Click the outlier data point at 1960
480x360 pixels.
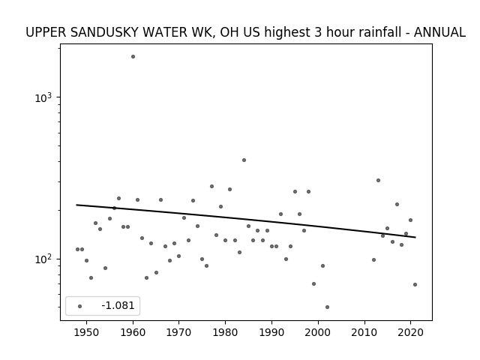coord(133,57)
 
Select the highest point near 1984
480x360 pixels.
coord(244,160)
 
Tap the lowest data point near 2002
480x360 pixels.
coord(327,307)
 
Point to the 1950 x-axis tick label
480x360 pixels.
coord(87,332)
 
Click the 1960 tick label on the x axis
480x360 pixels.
coord(133,332)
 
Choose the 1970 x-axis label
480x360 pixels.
coord(179,332)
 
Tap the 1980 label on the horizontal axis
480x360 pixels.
coord(225,332)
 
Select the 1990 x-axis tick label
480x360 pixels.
coord(271,332)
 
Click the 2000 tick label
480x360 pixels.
coord(318,332)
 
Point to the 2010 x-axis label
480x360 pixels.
coord(364,332)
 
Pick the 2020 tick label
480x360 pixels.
coord(410,332)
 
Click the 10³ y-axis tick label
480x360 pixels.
coord(43,97)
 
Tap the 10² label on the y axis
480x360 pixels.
coord(43,259)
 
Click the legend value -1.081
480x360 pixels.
coord(118,305)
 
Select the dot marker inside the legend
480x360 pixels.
coord(80,306)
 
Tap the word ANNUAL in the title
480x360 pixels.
coord(440,32)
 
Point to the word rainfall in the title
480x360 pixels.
coord(380,32)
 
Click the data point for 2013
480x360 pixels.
coord(378,180)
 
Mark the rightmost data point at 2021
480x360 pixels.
coord(415,285)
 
